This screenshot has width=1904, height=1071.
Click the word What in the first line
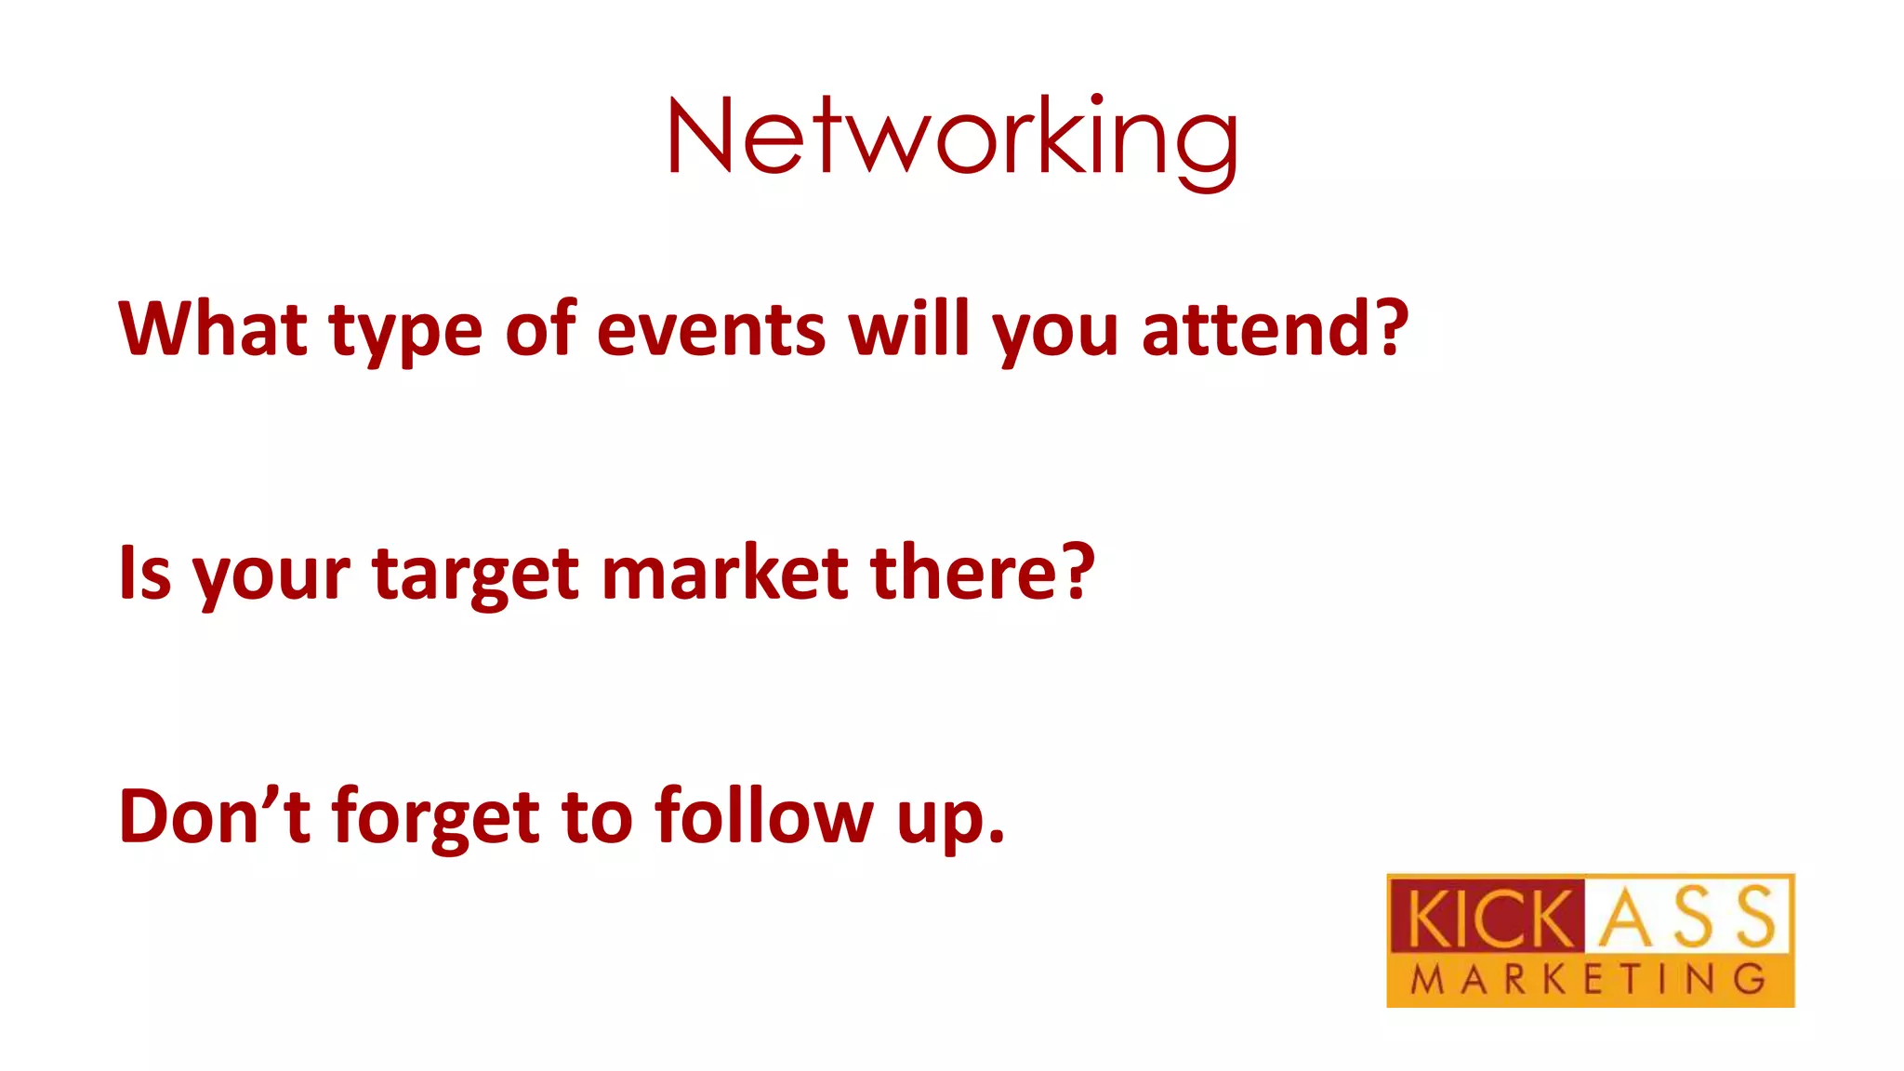213,329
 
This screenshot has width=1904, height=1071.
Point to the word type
406,335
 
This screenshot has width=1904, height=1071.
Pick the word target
476,576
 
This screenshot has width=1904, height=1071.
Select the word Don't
215,816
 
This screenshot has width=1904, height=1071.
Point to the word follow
764,816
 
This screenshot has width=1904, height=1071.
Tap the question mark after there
1078,573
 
